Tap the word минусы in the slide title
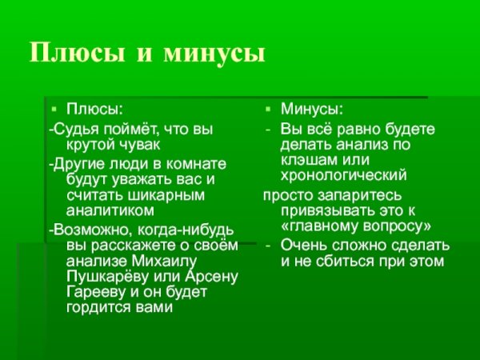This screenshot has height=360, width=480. pos(214,53)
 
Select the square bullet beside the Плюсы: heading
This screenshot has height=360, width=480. pos(53,108)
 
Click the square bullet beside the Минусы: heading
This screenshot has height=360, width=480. pos(268,108)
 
